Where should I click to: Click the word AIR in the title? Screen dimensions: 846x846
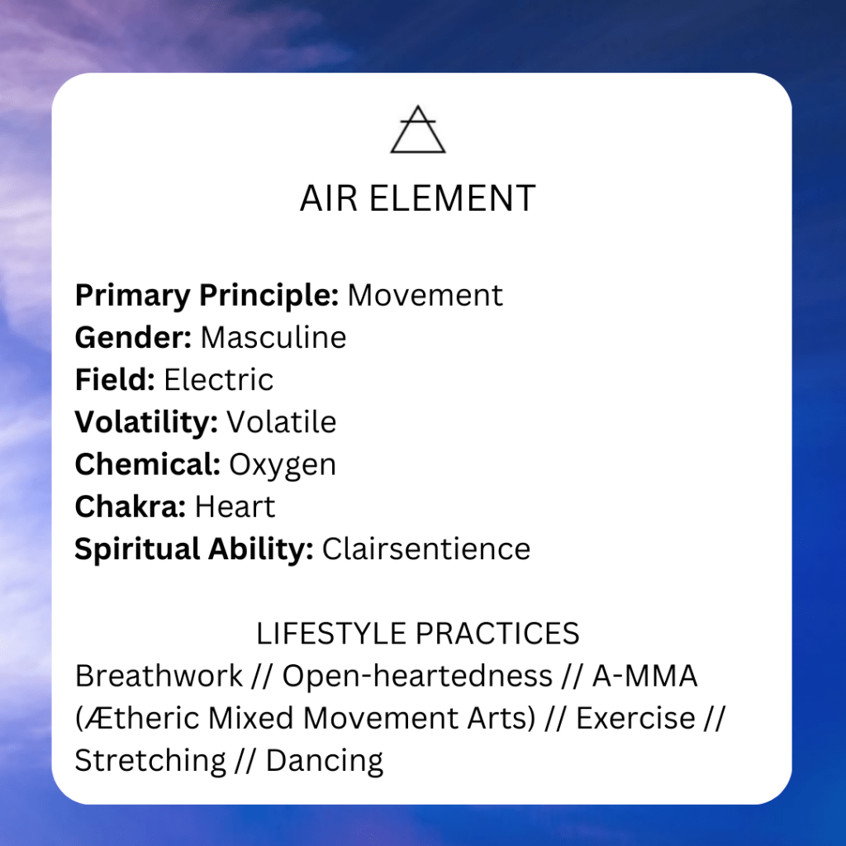pyautogui.click(x=329, y=198)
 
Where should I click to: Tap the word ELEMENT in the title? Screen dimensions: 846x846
pyautogui.click(x=452, y=198)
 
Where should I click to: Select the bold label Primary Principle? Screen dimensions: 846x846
pyautogui.click(x=207, y=296)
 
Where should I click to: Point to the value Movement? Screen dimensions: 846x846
pyautogui.click(x=425, y=295)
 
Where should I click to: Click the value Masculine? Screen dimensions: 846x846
pyautogui.click(x=273, y=338)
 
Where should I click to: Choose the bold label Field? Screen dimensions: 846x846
pyautogui.click(x=115, y=379)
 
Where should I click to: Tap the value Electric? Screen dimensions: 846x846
pyautogui.click(x=218, y=379)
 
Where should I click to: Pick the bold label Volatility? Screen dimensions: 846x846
pyautogui.click(x=146, y=422)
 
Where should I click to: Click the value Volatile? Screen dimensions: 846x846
pyautogui.click(x=282, y=422)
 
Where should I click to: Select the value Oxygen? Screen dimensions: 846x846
pyautogui.click(x=283, y=465)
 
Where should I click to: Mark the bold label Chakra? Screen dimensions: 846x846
pyautogui.click(x=131, y=506)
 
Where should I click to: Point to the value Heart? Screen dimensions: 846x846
pyautogui.click(x=235, y=506)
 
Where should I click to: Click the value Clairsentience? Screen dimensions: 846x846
pyautogui.click(x=426, y=549)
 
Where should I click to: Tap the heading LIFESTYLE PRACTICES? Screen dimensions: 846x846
pyautogui.click(x=417, y=634)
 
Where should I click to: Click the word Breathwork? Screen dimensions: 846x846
pyautogui.click(x=159, y=676)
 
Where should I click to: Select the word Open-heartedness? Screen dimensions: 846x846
pyautogui.click(x=417, y=677)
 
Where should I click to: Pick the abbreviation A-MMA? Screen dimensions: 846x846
pyautogui.click(x=644, y=676)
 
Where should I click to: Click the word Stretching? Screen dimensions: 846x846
pyautogui.click(x=150, y=761)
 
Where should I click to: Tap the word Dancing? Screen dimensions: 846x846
pyautogui.click(x=325, y=761)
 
